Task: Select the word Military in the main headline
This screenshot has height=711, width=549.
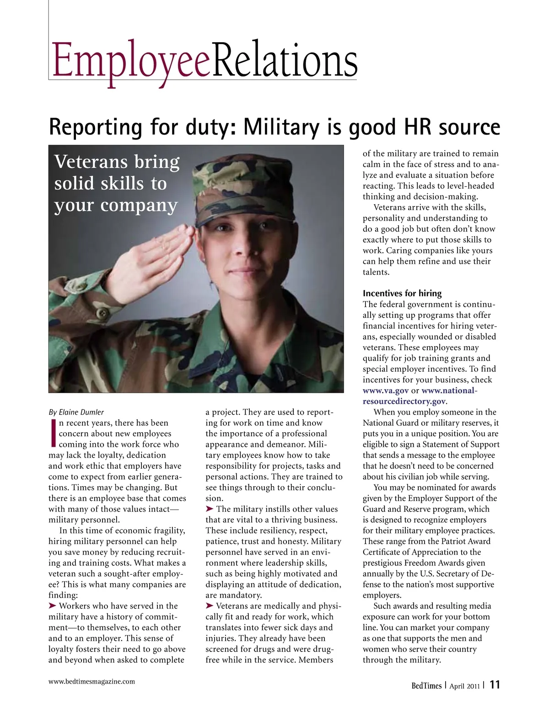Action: pyautogui.click(x=280, y=127)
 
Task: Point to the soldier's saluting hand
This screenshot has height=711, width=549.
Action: pyautogui.click(x=151, y=256)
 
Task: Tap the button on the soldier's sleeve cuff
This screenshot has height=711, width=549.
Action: pyautogui.click(x=102, y=314)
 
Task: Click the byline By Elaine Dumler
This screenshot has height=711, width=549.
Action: pyautogui.click(x=76, y=412)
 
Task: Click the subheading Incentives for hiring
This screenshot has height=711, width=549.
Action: pyautogui.click(x=402, y=293)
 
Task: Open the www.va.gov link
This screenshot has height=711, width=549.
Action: pyautogui.click(x=385, y=391)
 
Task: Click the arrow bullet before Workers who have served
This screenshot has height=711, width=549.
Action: pyautogui.click(x=53, y=606)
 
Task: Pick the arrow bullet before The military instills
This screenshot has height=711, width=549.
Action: pyautogui.click(x=210, y=509)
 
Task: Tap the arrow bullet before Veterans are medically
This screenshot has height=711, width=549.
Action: pyautogui.click(x=210, y=606)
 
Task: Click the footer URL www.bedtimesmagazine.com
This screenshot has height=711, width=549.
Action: pyautogui.click(x=91, y=681)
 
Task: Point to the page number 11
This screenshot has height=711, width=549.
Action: pyautogui.click(x=495, y=685)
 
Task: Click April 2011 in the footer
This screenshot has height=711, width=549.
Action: pyautogui.click(x=464, y=686)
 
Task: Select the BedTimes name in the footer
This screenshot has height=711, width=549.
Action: pyautogui.click(x=426, y=685)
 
